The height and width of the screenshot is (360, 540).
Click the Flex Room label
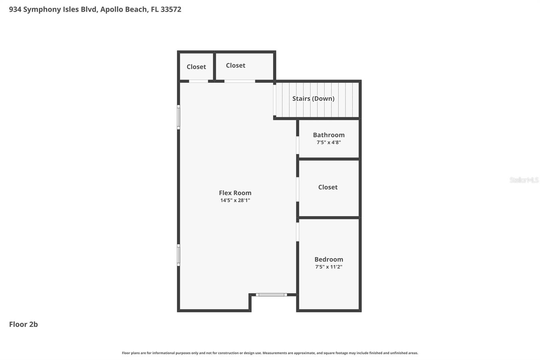tap(235, 193)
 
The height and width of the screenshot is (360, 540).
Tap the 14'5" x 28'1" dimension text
tap(235, 200)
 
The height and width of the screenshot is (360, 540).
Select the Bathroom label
tap(329, 135)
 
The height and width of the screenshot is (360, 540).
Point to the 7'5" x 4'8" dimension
tap(329, 143)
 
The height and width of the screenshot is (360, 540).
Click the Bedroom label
tap(329, 259)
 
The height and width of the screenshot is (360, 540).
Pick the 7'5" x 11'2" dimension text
tap(329, 267)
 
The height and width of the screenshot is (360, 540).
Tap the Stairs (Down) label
tap(313, 99)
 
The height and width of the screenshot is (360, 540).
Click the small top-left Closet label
tap(196, 67)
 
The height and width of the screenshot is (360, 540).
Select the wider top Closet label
tap(236, 66)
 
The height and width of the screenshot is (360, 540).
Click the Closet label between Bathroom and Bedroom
tap(328, 187)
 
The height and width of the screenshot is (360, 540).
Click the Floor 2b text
tap(23, 324)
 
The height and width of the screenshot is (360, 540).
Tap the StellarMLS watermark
tap(524, 180)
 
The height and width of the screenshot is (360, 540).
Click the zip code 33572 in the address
tap(171, 9)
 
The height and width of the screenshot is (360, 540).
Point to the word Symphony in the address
tap(42, 9)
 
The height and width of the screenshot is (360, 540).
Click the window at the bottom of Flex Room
tap(271, 295)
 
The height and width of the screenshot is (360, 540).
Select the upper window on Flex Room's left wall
tap(179, 117)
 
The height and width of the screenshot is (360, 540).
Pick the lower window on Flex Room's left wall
tap(179, 255)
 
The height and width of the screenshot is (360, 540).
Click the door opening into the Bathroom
tap(297, 145)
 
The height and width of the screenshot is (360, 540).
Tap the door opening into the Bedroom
tap(297, 231)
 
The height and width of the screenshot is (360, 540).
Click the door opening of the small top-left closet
tap(198, 81)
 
